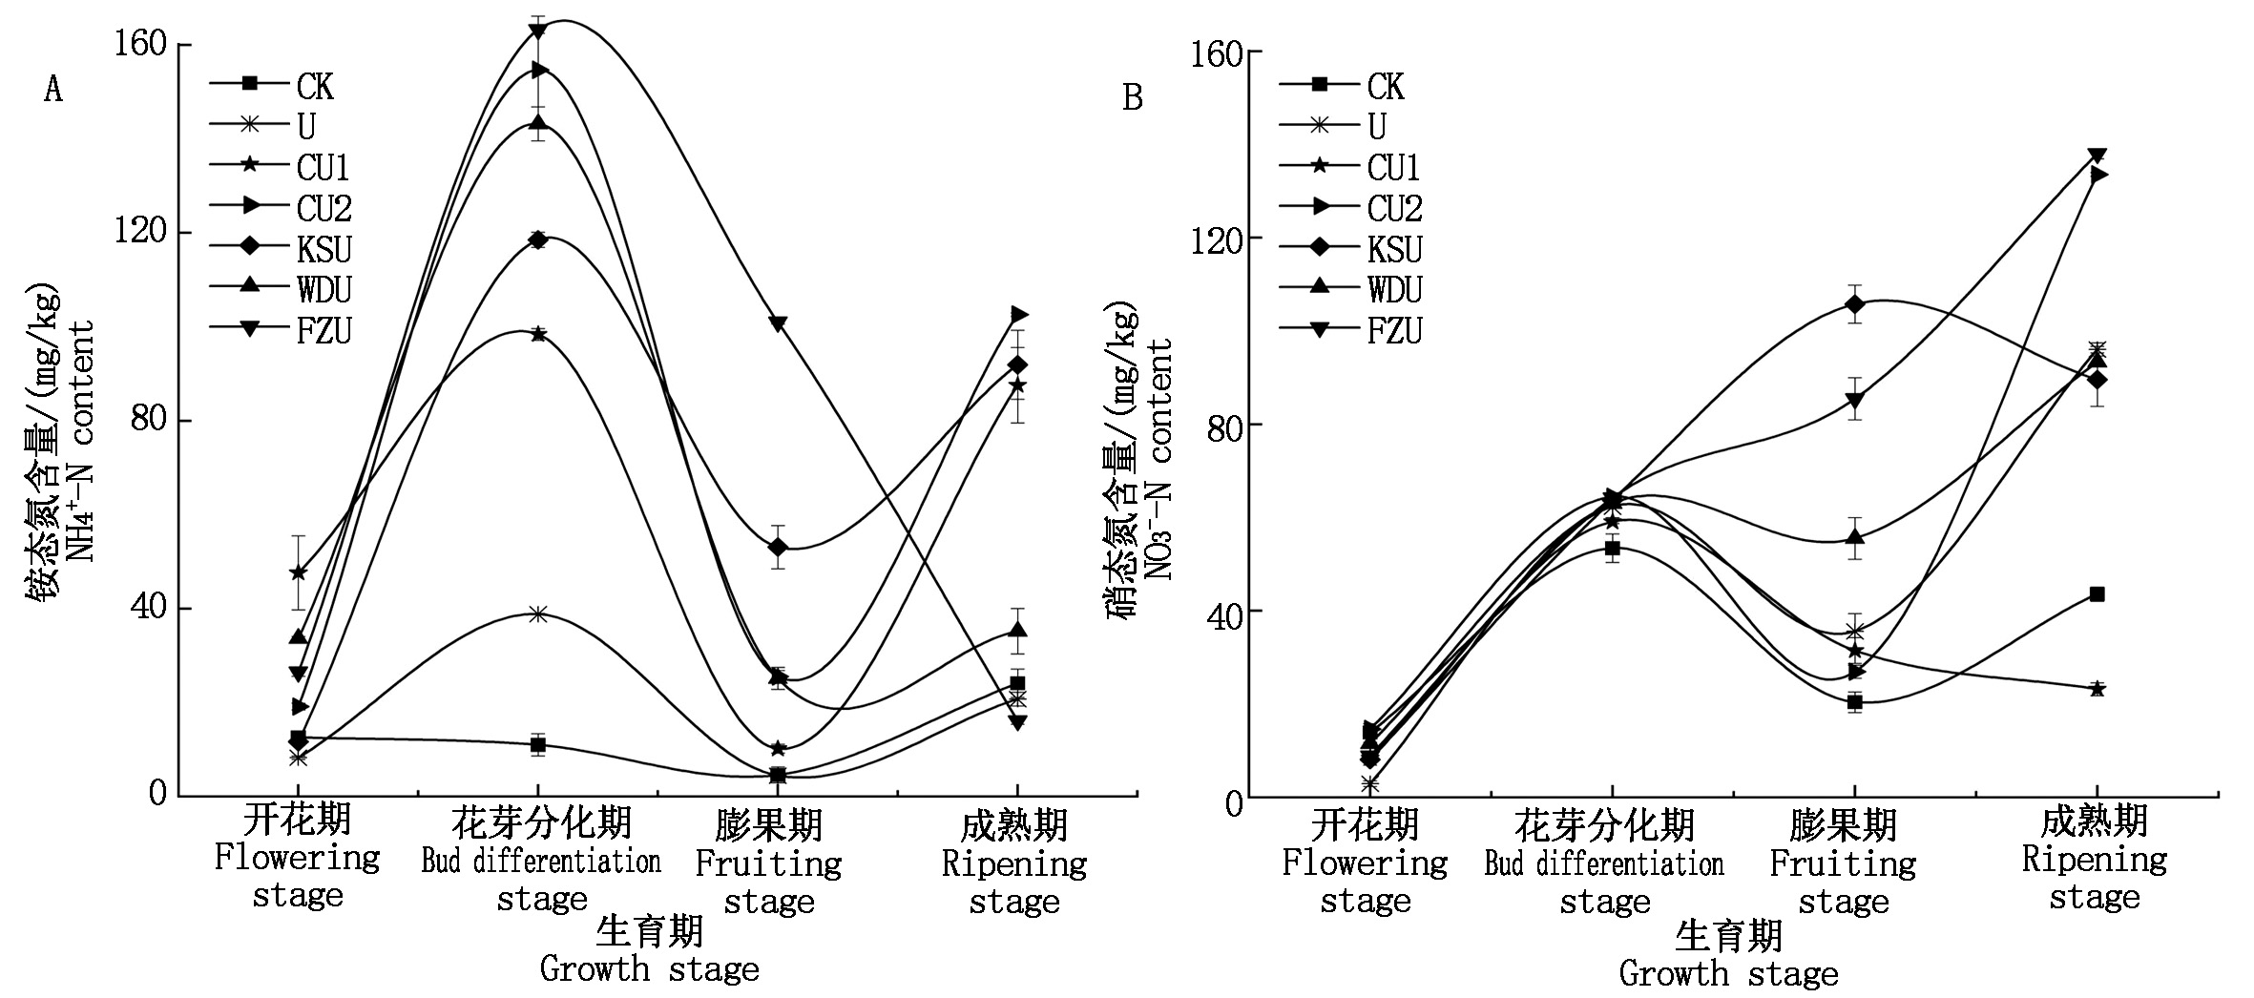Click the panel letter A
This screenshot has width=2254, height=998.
click(53, 90)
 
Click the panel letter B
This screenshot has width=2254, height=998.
click(1133, 97)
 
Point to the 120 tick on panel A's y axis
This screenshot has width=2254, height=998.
click(140, 233)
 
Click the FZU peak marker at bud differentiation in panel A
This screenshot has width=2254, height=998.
click(538, 31)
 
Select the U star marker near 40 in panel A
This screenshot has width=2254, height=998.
click(538, 613)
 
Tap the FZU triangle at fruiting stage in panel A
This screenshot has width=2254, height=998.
click(778, 324)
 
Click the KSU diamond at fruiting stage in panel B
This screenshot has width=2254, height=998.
click(1854, 305)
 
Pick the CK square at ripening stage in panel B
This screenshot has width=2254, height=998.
click(2097, 594)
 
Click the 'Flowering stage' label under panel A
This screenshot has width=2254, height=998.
click(297, 859)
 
